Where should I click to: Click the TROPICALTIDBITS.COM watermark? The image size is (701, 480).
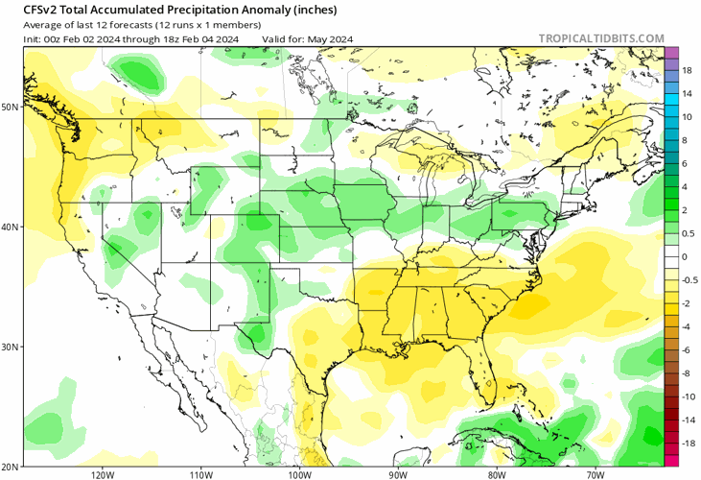point(601,38)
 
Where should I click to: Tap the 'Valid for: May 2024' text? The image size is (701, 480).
point(308,38)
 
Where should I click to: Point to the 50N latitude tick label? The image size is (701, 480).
point(11,107)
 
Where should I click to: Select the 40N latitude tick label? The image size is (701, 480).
point(11,228)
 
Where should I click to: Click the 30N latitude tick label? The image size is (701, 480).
point(11,347)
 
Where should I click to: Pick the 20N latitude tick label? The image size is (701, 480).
point(11,466)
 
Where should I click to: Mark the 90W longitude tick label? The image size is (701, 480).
point(398,473)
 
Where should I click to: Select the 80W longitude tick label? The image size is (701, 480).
point(496,473)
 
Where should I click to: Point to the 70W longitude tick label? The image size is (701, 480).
point(594,473)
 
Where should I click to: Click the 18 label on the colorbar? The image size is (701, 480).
point(688,71)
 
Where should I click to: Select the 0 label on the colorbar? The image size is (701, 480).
point(686,257)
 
